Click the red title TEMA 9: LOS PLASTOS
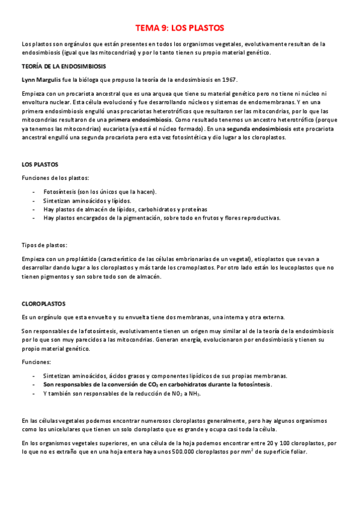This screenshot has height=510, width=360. coord(179,28)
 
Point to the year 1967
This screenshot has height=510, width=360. coord(228,79)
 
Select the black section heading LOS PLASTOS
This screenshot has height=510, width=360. coord(40,164)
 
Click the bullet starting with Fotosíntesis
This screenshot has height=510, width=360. coord(99,192)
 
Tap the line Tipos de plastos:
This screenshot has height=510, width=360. coord(44,245)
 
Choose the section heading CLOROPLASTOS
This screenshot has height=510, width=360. coord(44,304)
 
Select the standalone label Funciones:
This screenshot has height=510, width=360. coord(36,363)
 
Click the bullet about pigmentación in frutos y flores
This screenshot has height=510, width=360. coord(162,218)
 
